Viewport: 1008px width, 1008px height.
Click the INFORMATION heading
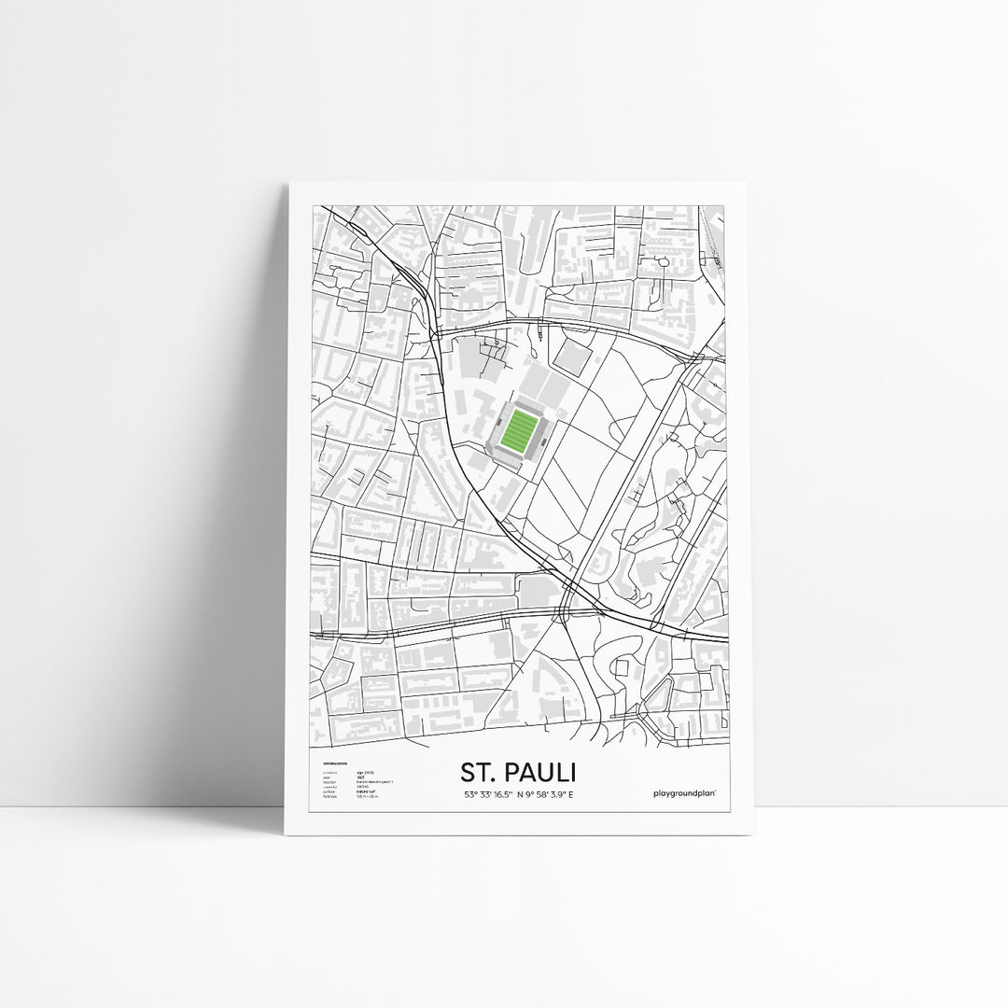[334, 764]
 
